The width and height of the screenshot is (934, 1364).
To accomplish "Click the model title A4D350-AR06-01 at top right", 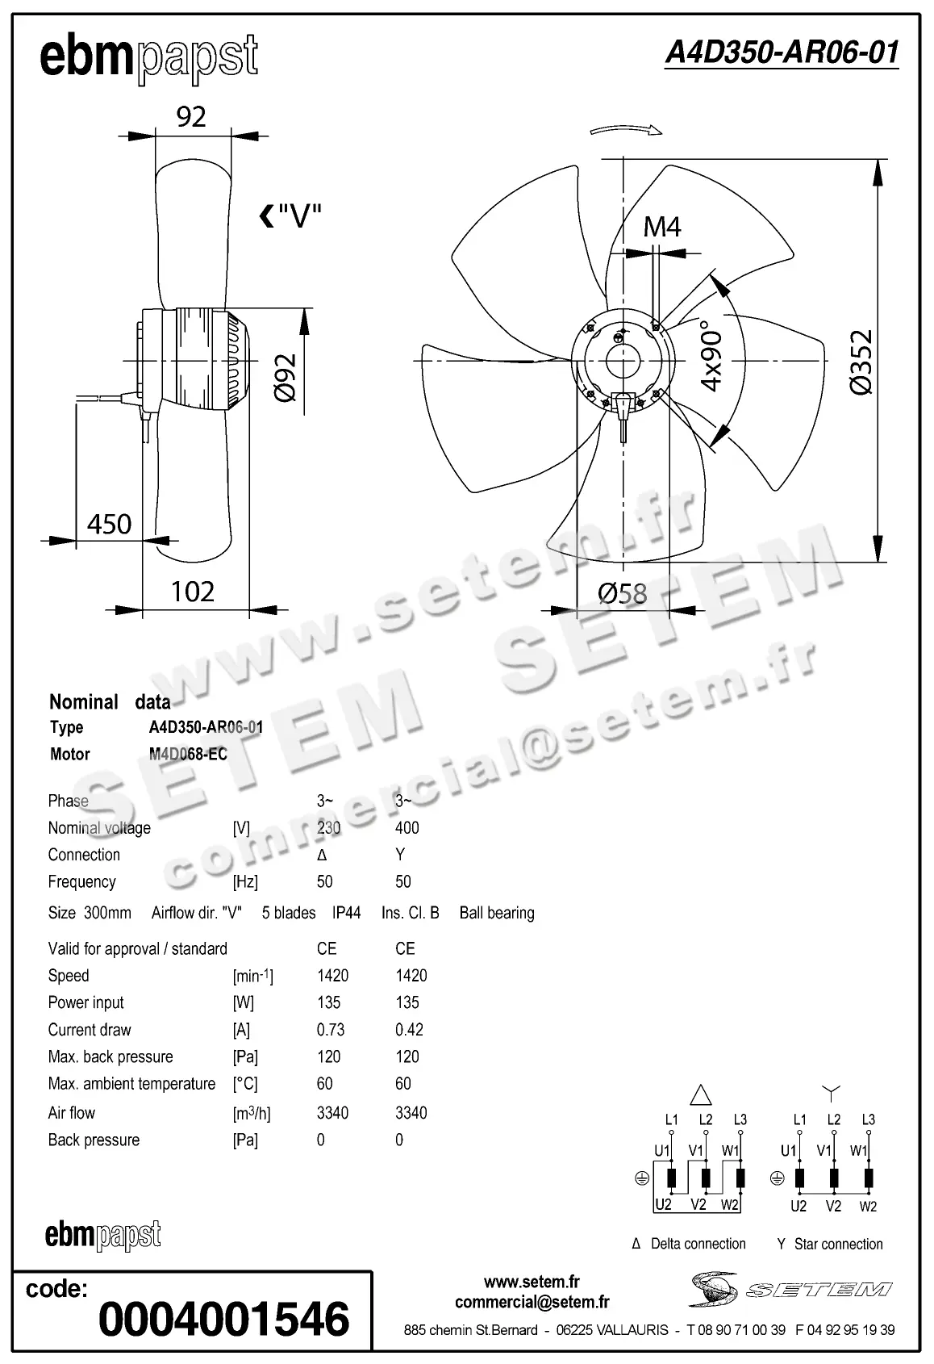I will click(781, 52).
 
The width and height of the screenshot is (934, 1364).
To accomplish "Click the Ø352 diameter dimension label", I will click(861, 362).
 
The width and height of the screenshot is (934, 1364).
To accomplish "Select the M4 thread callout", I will click(662, 228).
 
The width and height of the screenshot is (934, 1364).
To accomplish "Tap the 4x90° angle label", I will click(711, 356).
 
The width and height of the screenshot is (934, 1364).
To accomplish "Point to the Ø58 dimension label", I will click(622, 594).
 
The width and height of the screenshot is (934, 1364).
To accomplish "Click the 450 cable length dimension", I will click(109, 525).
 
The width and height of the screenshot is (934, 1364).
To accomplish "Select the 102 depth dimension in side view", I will click(193, 592).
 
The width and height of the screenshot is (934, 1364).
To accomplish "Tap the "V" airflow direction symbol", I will click(290, 216).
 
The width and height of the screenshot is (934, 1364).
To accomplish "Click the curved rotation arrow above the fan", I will click(626, 130).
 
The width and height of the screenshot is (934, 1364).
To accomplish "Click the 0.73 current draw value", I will click(331, 1030).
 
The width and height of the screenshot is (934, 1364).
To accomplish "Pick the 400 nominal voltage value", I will click(407, 828).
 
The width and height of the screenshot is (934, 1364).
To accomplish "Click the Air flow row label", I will click(72, 1113).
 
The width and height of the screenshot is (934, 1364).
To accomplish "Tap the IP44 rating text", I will click(346, 913).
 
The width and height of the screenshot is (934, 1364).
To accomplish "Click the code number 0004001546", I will click(223, 1320).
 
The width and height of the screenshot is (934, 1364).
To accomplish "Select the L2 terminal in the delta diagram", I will click(706, 1120).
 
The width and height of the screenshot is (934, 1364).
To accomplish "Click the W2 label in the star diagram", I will click(868, 1207).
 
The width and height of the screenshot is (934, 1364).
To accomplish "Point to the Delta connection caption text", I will click(698, 1244).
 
